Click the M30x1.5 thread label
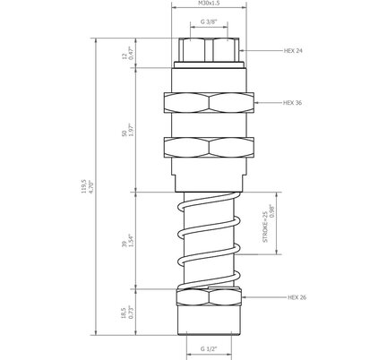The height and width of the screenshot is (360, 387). (209, 4)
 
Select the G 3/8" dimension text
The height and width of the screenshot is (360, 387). (209, 21)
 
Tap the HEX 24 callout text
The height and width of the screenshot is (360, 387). (293, 51)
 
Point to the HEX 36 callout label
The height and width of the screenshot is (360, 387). (292, 103)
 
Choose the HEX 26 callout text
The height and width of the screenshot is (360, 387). (297, 297)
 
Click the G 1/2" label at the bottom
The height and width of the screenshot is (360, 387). (209, 348)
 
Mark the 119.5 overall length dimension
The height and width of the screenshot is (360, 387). (83, 186)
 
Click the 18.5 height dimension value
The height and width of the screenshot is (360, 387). (124, 313)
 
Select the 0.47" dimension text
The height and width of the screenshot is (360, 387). (131, 53)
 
